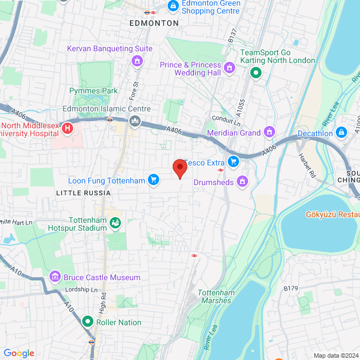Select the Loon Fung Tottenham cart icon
click(x=152, y=181)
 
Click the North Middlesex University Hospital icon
click(x=67, y=128)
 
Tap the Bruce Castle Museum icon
click(x=55, y=277)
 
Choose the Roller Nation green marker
click(x=87, y=322)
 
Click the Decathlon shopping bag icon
click(x=341, y=133)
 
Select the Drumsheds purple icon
click(x=242, y=182)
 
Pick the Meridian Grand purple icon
click(x=269, y=133)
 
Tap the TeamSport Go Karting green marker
click(x=256, y=73)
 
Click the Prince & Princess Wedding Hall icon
click(x=229, y=69)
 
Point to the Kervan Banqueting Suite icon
click(x=136, y=60)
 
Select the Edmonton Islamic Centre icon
click(x=135, y=121)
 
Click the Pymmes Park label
click(x=93, y=91)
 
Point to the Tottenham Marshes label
click(x=214, y=296)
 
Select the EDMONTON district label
click(x=154, y=23)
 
